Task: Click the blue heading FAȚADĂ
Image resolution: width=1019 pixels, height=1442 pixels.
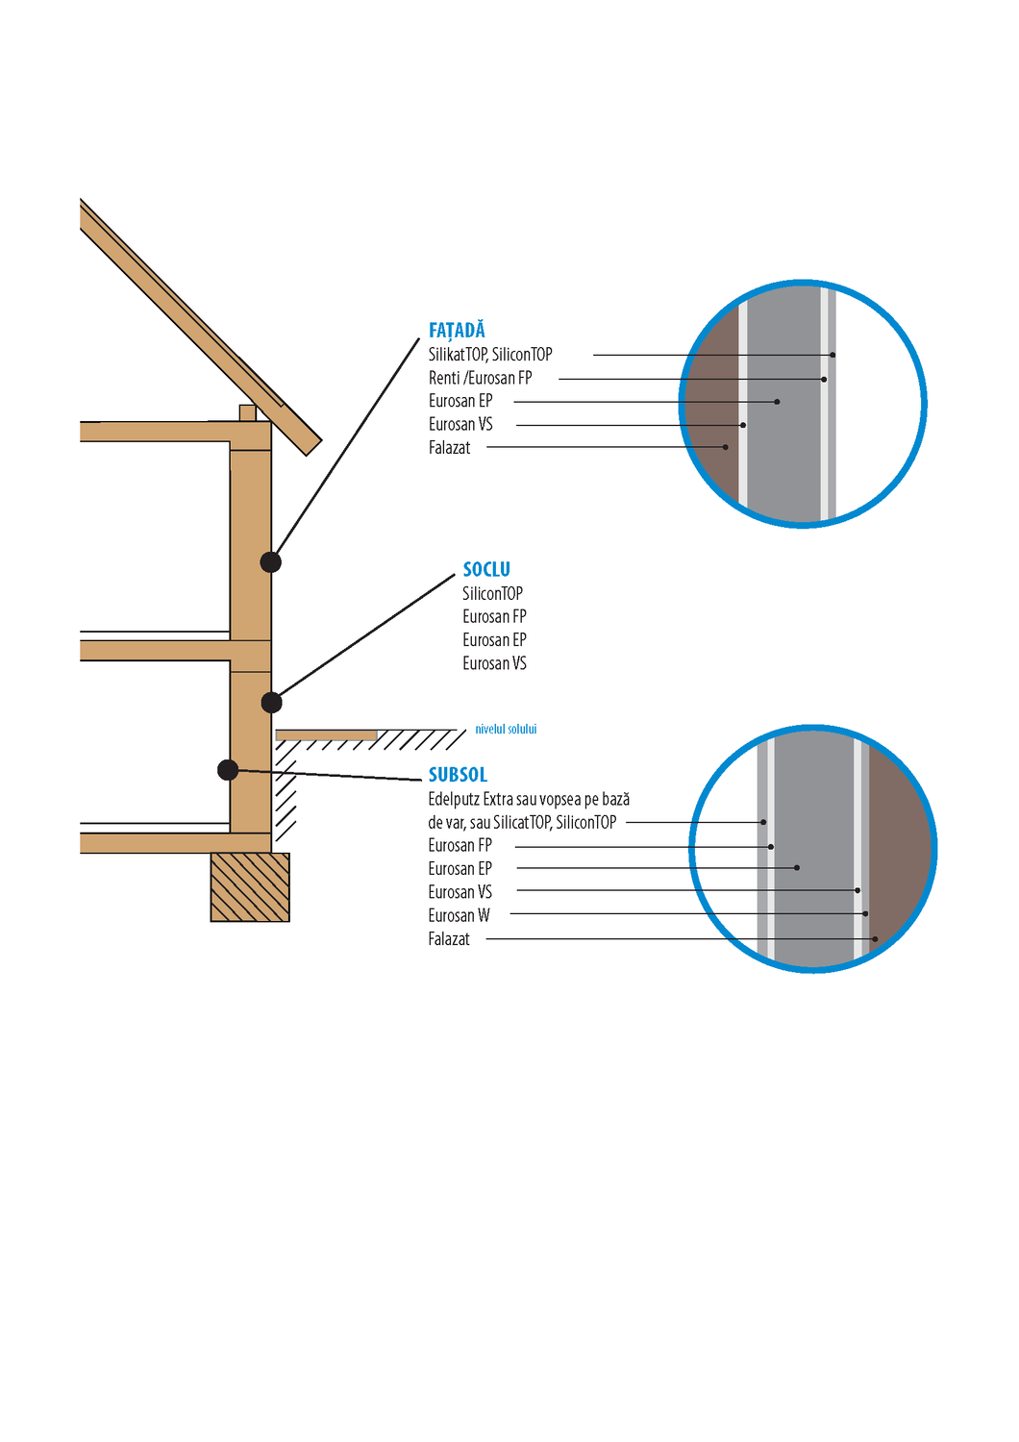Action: [x=457, y=331]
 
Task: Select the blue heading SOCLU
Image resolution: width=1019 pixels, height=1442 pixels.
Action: [x=486, y=570]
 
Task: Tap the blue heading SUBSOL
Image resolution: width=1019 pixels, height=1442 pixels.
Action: [x=458, y=775]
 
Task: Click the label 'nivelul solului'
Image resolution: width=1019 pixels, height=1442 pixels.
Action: [x=506, y=730]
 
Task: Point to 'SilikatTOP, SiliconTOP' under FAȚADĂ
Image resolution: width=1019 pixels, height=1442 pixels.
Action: [x=490, y=355]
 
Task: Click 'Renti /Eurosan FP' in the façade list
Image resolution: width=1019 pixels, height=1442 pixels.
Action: [x=480, y=378]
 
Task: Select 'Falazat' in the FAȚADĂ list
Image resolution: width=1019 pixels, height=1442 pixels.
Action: [x=449, y=448]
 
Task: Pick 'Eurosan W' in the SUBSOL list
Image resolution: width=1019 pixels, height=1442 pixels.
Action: [x=459, y=915]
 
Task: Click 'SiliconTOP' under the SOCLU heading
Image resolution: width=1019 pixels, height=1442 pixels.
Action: [x=492, y=594]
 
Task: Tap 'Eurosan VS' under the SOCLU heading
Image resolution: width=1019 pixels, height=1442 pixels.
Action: [x=494, y=663]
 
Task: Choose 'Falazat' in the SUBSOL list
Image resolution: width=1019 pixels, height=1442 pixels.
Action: [x=449, y=939]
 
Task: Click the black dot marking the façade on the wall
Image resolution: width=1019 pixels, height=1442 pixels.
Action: [x=271, y=562]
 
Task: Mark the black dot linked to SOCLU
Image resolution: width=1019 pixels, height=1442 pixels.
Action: [x=272, y=703]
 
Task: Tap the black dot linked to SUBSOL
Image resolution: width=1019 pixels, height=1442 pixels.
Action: [x=228, y=769]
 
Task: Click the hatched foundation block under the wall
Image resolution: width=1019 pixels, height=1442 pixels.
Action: [x=250, y=887]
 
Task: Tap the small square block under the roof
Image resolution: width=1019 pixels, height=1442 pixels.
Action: [x=247, y=413]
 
